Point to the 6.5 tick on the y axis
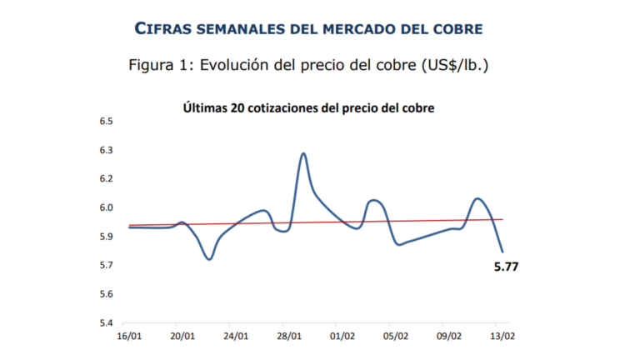point(106,122)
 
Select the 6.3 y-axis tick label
point(106,151)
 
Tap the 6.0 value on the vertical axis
point(106,208)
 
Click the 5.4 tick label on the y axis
point(106,323)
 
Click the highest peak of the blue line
point(303,153)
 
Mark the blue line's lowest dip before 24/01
point(209,259)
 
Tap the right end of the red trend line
point(503,219)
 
